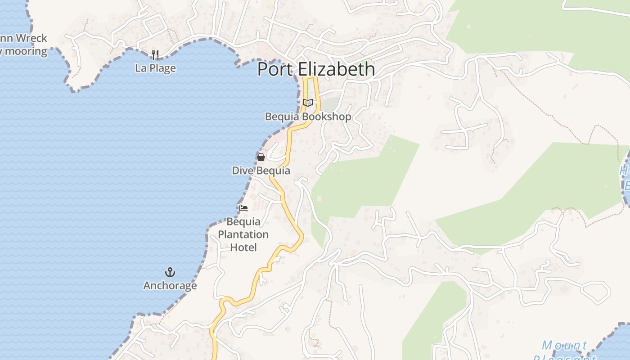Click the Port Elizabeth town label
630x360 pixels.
click(x=316, y=69)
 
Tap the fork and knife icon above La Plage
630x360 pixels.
click(x=155, y=55)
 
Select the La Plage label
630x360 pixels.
click(x=155, y=68)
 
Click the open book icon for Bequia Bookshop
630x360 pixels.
click(x=308, y=103)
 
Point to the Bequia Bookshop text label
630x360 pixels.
click(x=308, y=117)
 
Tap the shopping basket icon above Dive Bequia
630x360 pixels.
click(x=261, y=157)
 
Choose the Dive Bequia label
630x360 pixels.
click(x=261, y=171)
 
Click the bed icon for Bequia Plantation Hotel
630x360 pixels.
click(x=243, y=208)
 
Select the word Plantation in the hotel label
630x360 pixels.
click(x=243, y=234)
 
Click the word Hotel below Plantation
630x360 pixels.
click(x=243, y=247)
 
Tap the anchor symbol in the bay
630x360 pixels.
click(x=170, y=272)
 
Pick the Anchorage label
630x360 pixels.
click(x=170, y=286)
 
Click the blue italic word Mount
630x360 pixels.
click(x=564, y=346)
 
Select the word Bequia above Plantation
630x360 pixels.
click(x=243, y=221)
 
